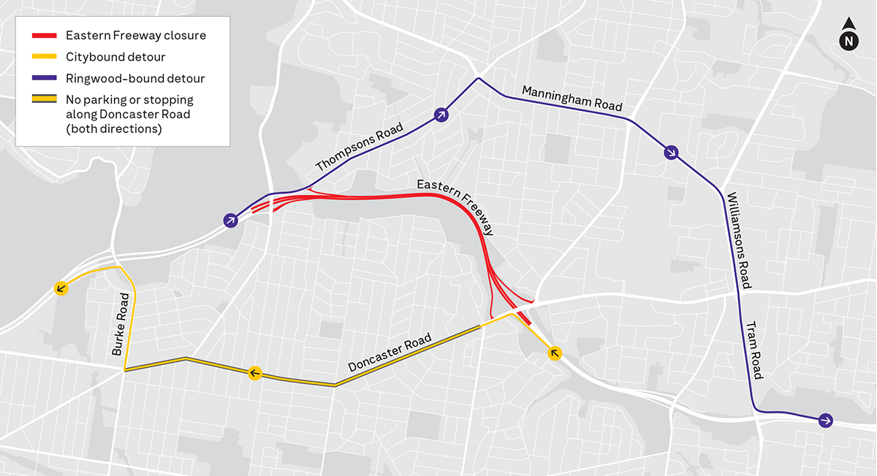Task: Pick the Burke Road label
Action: (121, 324)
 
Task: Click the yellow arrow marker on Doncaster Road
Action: (254, 374)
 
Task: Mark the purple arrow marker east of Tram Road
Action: (825, 420)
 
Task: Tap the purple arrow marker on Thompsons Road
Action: (441, 114)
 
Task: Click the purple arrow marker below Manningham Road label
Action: (671, 153)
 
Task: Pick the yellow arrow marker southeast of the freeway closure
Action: (555, 354)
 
